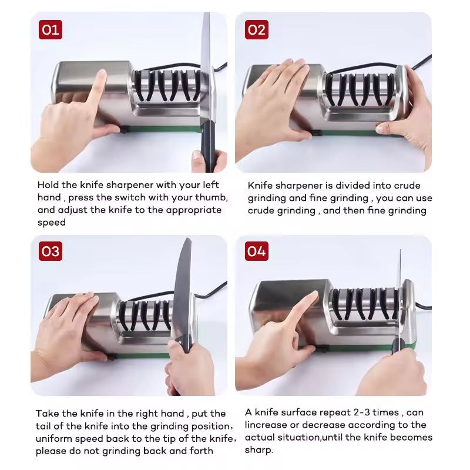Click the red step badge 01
[x=51, y=29]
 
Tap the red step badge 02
[x=256, y=29]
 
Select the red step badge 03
[x=51, y=251]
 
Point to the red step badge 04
[x=256, y=251]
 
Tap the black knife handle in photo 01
[x=207, y=150]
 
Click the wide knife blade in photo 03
[x=182, y=288]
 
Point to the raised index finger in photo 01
[x=96, y=88]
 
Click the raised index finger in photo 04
[x=300, y=308]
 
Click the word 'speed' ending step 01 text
[x=52, y=222]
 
